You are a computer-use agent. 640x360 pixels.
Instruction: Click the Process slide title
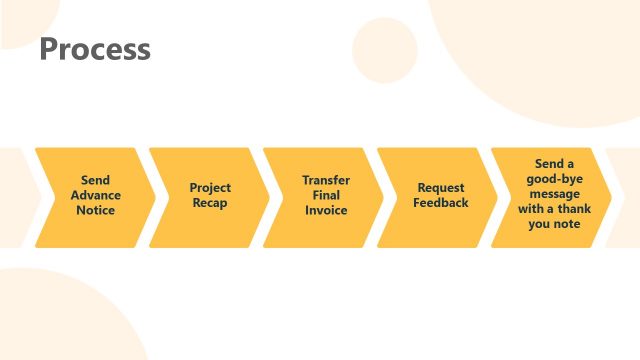95,49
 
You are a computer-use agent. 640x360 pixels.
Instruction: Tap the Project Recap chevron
209,197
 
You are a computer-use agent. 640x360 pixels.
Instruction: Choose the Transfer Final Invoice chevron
323,197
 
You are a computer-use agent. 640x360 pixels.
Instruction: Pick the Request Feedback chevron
438,197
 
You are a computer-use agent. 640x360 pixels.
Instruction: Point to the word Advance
96,195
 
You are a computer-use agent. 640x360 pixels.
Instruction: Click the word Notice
96,210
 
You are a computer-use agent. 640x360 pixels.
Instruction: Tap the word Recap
210,203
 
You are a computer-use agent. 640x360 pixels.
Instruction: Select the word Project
210,188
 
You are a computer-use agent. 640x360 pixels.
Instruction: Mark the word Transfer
326,180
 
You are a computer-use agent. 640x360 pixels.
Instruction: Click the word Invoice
326,210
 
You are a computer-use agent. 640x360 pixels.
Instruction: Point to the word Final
326,195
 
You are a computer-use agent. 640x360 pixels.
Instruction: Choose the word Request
441,188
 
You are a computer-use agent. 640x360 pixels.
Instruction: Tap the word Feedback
441,203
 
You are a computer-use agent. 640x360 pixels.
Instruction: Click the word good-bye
555,179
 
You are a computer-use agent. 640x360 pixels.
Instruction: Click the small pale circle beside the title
384,51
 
